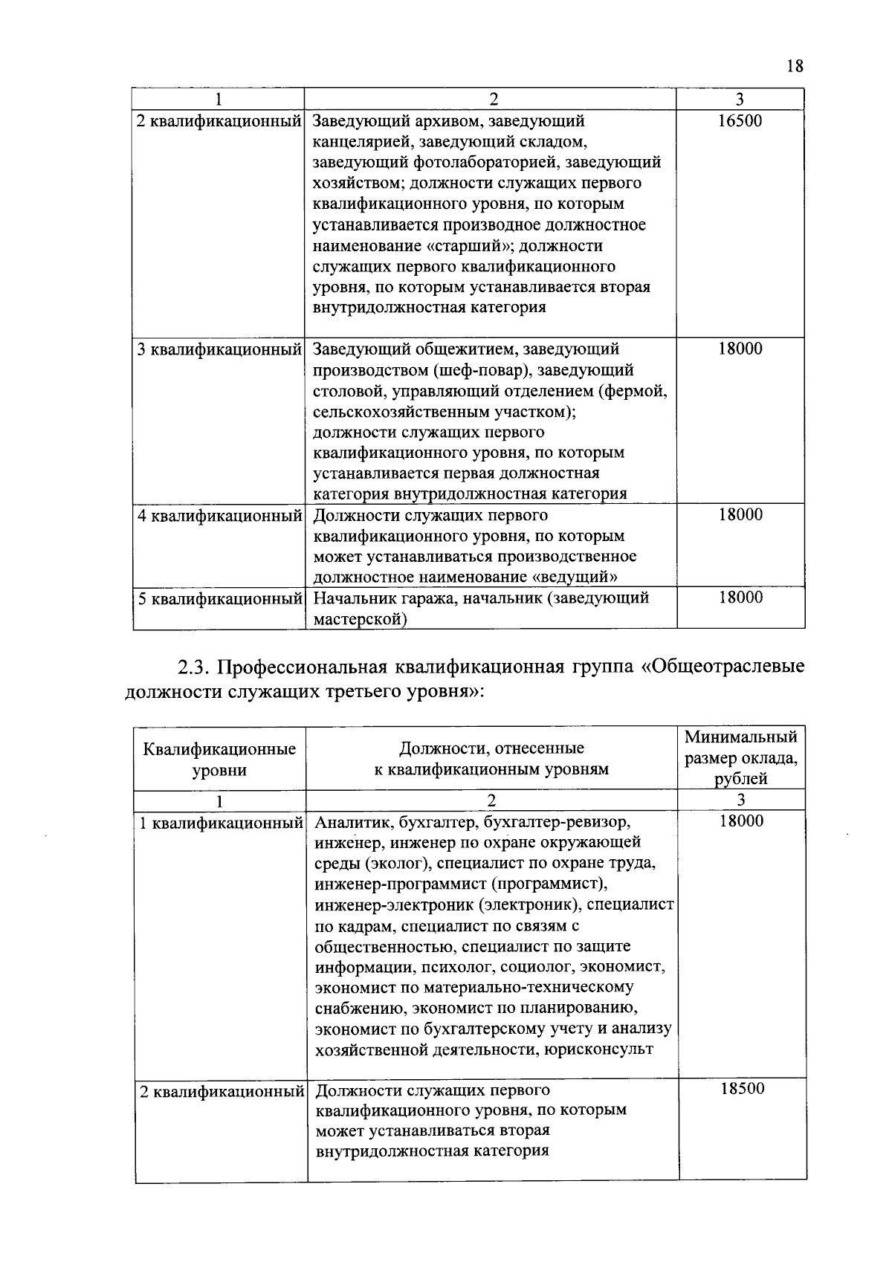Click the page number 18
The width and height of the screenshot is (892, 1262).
click(795, 66)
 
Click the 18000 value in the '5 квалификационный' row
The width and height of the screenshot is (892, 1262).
click(740, 598)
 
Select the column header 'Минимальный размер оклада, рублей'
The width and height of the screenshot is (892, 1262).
click(740, 757)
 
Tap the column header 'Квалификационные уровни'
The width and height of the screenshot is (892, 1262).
click(219, 759)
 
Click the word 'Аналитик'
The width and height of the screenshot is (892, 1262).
click(352, 822)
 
